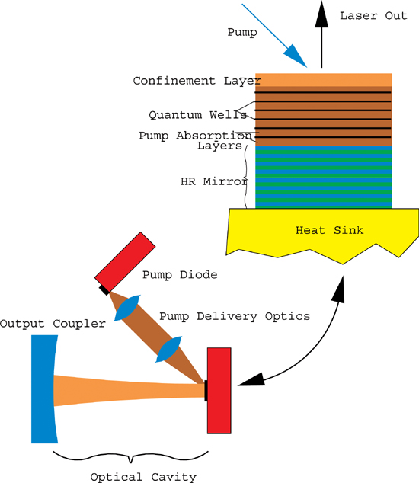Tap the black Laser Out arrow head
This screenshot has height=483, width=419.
pyautogui.click(x=321, y=14)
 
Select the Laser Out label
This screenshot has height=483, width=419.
pyautogui.click(x=373, y=16)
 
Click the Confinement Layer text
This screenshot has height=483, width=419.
pyautogui.click(x=197, y=81)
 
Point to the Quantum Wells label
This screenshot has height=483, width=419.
pyautogui.click(x=198, y=115)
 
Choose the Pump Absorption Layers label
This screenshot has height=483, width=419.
pyautogui.click(x=195, y=140)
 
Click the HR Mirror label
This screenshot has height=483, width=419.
pyautogui.click(x=214, y=181)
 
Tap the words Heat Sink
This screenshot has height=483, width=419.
pyautogui.click(x=329, y=230)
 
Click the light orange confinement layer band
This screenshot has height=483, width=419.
pyautogui.click(x=324, y=80)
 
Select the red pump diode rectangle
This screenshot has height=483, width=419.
pyautogui.click(x=125, y=261)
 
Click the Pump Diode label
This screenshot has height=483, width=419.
pyautogui.click(x=180, y=275)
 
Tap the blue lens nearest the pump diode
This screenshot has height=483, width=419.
pyautogui.click(x=127, y=308)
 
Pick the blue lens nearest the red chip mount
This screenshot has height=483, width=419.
pyautogui.click(x=168, y=349)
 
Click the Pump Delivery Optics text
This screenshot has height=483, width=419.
pyautogui.click(x=235, y=316)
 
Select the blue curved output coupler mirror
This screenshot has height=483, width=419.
pyautogui.click(x=44, y=389)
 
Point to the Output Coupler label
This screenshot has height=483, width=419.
pyautogui.click(x=53, y=324)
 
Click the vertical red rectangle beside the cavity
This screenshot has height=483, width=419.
pyautogui.click(x=219, y=391)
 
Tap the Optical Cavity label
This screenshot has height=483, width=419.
pyautogui.click(x=143, y=477)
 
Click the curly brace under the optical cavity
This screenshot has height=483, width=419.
pyautogui.click(x=130, y=456)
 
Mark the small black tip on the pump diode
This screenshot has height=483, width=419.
pyautogui.click(x=104, y=289)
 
